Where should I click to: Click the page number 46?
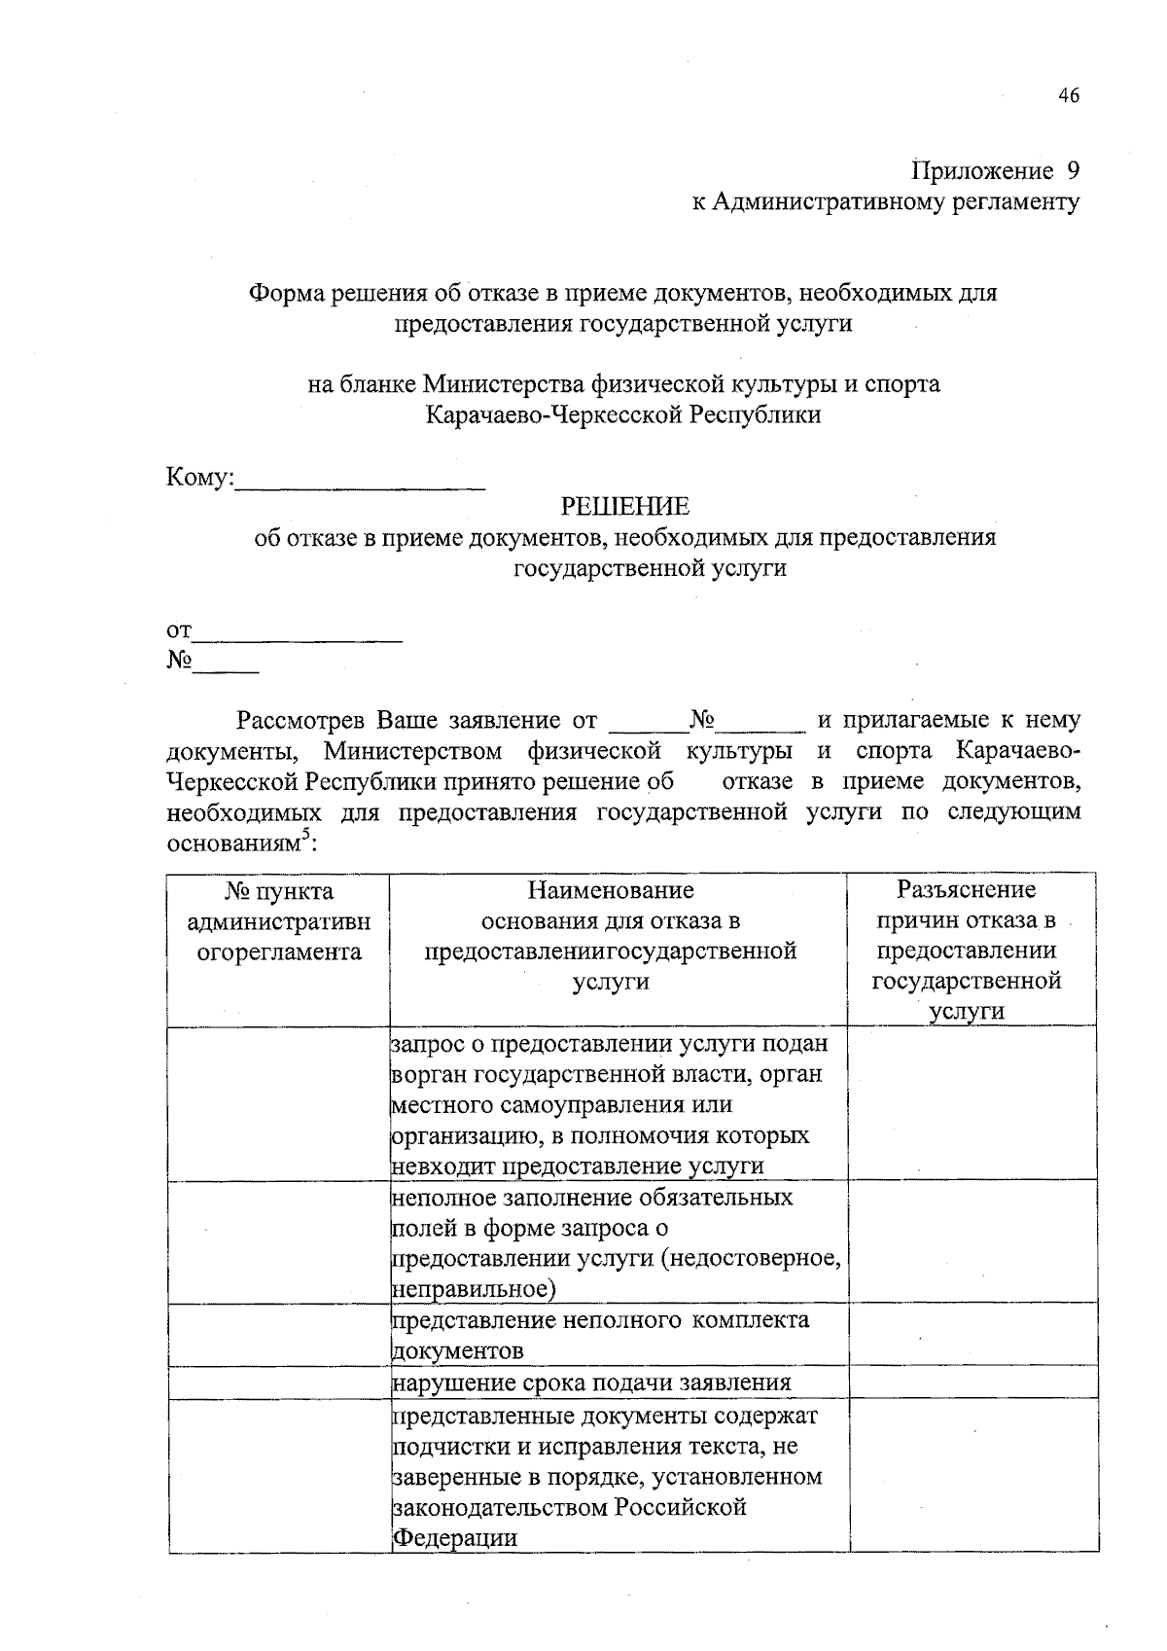click(x=1068, y=95)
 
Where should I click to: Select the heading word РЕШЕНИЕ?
click(x=624, y=507)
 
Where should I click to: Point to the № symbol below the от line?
click(x=179, y=661)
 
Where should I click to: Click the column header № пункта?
click(x=279, y=891)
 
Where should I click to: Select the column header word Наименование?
click(x=611, y=890)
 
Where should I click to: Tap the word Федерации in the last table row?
click(x=455, y=1538)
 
